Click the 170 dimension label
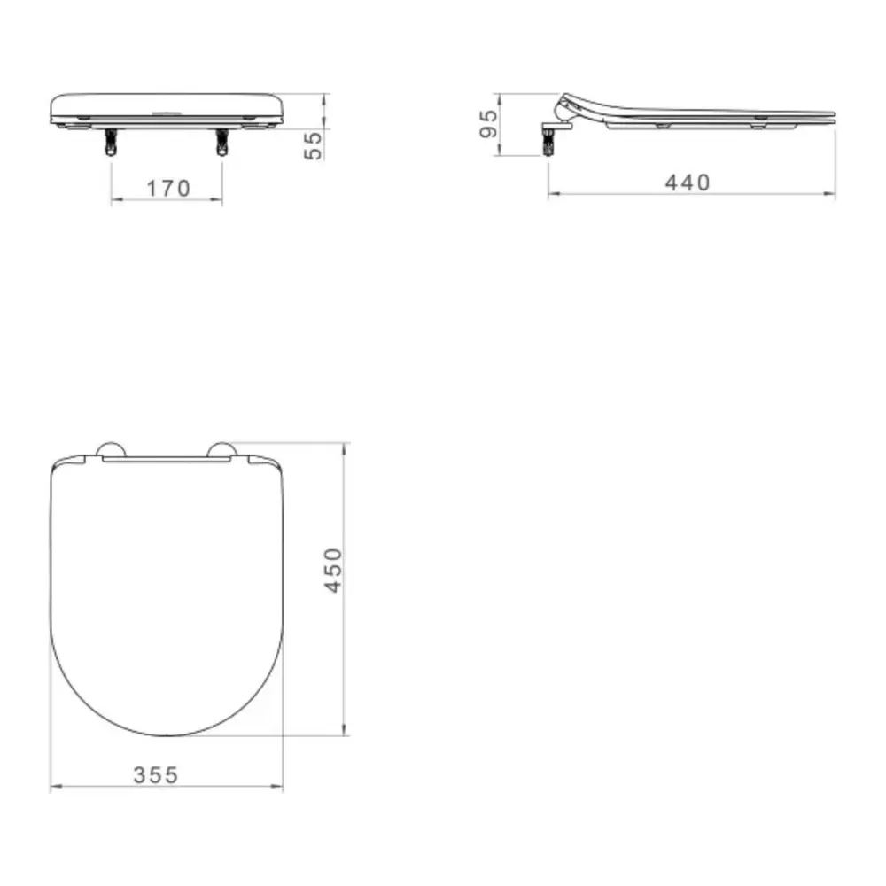(168, 188)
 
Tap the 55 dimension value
(313, 145)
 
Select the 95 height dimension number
(488, 123)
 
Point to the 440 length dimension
(688, 183)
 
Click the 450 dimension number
(333, 570)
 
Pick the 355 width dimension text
(155, 775)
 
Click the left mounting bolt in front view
(110, 142)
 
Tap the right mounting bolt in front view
(221, 142)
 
